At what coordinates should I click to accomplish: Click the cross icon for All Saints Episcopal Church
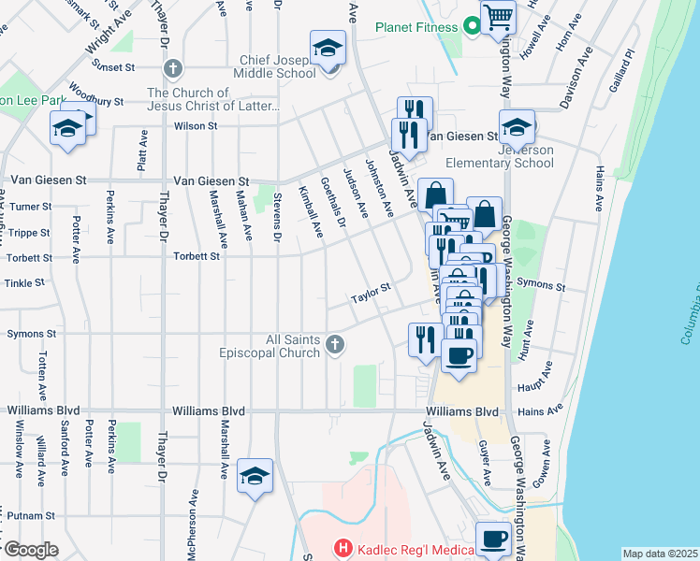(334, 347)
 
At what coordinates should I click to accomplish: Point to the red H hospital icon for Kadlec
(343, 548)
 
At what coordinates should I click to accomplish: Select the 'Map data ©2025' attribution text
(660, 554)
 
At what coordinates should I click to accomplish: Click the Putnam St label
(31, 515)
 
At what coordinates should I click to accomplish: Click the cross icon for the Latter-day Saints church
(172, 68)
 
